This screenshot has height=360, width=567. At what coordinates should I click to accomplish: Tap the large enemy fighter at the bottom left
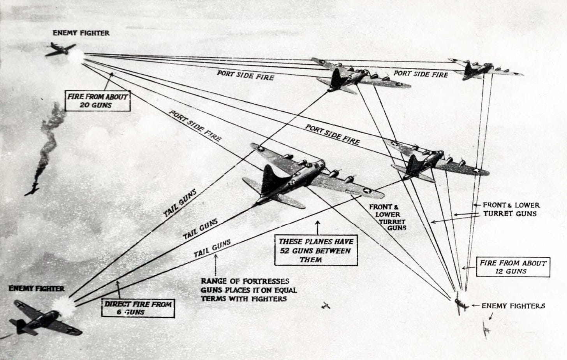click(43, 317)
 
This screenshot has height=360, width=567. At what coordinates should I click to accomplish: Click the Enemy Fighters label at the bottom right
click(513, 306)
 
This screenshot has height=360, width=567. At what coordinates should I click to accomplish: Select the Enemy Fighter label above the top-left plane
click(81, 33)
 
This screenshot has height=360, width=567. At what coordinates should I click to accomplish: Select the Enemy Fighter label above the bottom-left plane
click(37, 288)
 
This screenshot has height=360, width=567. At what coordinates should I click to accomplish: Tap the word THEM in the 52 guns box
click(311, 260)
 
